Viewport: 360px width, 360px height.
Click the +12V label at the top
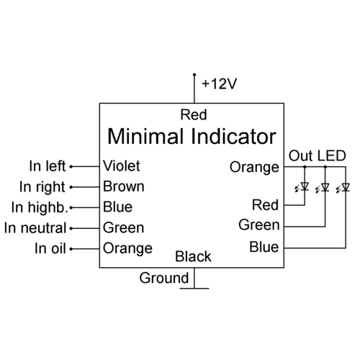click(x=219, y=84)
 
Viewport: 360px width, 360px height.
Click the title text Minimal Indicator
click(x=191, y=135)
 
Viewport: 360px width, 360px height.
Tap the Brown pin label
click(x=123, y=186)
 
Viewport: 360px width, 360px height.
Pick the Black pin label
click(x=194, y=256)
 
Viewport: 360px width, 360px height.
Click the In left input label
click(x=48, y=166)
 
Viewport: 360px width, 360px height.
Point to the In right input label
click(x=43, y=187)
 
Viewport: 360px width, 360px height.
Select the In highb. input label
click(x=38, y=207)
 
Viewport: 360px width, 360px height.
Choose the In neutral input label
click(x=35, y=228)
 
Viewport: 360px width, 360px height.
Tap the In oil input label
click(x=50, y=249)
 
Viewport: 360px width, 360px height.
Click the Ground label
click(x=164, y=278)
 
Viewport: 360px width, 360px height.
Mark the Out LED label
click(x=317, y=156)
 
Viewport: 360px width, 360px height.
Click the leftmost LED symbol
click(x=304, y=187)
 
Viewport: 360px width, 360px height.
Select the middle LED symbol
click(x=324, y=187)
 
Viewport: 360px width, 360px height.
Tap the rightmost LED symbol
click(x=344, y=187)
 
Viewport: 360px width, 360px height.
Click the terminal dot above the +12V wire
click(x=194, y=75)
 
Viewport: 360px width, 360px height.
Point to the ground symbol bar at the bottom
click(x=194, y=287)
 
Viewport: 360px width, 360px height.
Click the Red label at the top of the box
click(x=194, y=114)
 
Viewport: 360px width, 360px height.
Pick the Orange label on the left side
click(x=127, y=248)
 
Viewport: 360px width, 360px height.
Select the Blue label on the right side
click(x=264, y=248)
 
